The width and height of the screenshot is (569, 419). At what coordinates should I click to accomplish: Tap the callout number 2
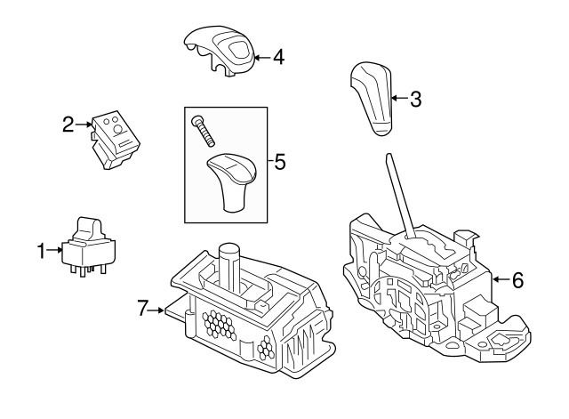pos(68,125)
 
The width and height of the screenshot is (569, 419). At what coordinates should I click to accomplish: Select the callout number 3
pos(414,99)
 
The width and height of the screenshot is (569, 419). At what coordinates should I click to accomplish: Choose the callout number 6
pos(518,279)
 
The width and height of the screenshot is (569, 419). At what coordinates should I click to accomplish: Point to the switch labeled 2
pos(114,139)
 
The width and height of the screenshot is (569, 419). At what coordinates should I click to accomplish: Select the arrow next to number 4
pos(260,59)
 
